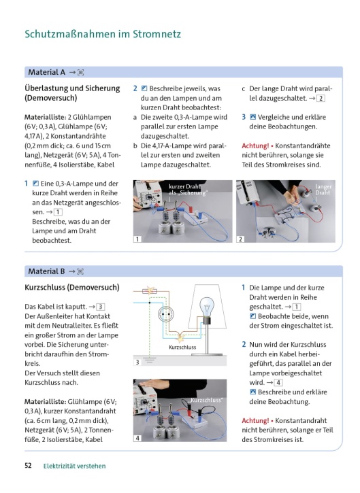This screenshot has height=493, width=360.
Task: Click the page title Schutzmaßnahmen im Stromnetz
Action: click(x=103, y=34)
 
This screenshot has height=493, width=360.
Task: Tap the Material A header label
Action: click(x=46, y=72)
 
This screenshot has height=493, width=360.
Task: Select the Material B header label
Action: click(x=46, y=271)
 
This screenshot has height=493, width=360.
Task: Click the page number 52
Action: click(x=28, y=465)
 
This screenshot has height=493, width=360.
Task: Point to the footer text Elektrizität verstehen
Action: click(x=75, y=466)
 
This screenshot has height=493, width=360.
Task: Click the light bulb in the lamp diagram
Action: click(x=207, y=307)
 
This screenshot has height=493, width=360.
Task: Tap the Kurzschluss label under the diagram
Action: click(x=182, y=347)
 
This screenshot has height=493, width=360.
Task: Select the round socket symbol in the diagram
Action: click(x=165, y=314)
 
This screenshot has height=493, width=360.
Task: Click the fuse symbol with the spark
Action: click(x=150, y=291)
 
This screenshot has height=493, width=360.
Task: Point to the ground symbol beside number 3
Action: click(x=150, y=360)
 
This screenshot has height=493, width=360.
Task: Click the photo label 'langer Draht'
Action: click(x=323, y=189)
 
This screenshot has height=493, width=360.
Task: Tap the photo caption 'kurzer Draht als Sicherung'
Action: click(x=187, y=190)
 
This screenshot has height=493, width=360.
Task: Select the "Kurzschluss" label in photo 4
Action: click(x=206, y=400)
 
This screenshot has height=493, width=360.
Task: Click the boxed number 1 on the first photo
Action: click(x=137, y=239)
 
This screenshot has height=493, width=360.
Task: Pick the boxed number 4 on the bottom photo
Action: click(x=137, y=438)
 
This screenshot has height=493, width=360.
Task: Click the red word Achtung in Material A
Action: click(x=255, y=146)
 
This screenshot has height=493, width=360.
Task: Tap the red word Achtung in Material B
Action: click(x=255, y=420)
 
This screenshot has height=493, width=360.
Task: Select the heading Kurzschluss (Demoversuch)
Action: click(x=72, y=288)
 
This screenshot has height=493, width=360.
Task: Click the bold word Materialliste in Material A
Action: click(x=45, y=117)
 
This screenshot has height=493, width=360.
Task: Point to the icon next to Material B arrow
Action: click(x=80, y=271)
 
